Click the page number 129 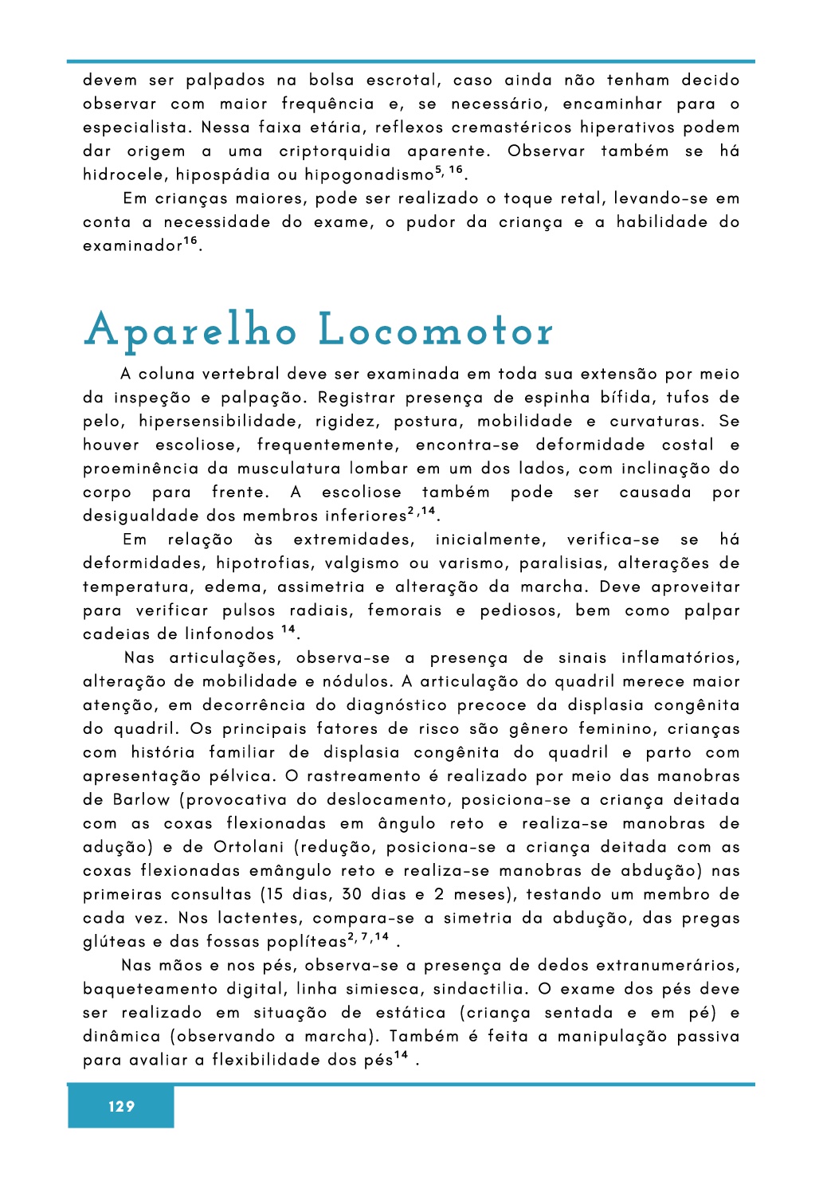(x=121, y=1106)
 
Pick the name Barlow (x=141, y=800)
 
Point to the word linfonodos (x=229, y=634)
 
